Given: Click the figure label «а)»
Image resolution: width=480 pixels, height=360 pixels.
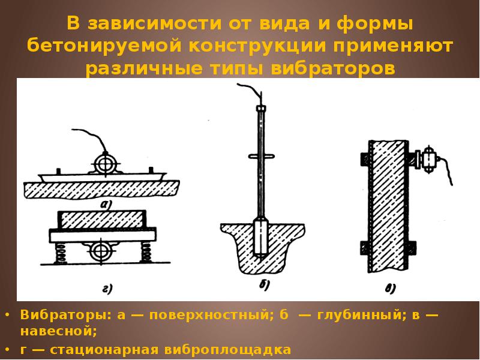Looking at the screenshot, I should click(106, 203).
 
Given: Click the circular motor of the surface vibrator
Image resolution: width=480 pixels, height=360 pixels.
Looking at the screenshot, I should click(106, 163).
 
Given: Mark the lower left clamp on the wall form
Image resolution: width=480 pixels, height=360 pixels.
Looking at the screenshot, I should click(364, 247).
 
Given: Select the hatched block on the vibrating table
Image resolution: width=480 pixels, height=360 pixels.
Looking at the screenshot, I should click(102, 219).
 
